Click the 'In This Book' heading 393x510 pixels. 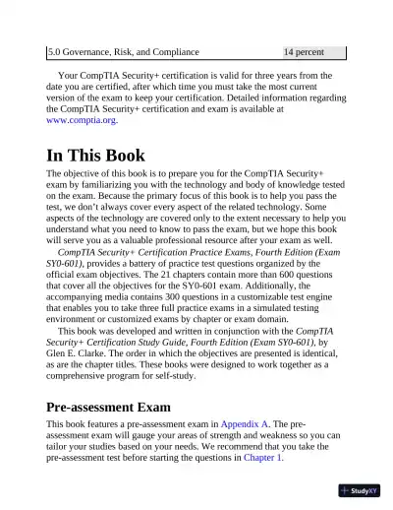tap(96, 155)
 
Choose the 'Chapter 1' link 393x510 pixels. tap(262, 458)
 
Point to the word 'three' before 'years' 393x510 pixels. tap(260, 74)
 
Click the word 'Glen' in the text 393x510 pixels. tap(59, 344)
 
